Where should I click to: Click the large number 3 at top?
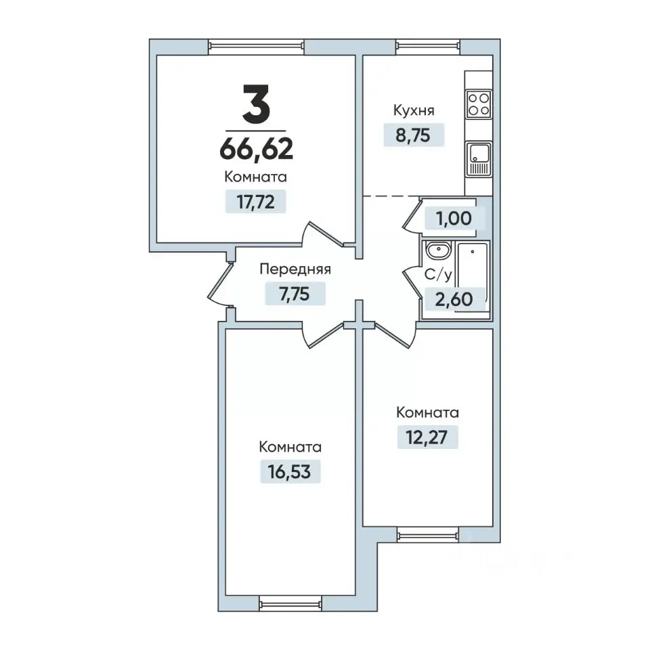(256, 104)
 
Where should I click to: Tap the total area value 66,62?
(256, 149)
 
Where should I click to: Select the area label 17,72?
(255, 202)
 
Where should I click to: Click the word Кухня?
(414, 110)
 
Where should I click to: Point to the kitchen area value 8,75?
(413, 135)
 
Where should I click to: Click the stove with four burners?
(479, 104)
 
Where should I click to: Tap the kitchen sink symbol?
(479, 159)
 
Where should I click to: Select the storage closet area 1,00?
(454, 218)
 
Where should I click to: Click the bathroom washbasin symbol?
(438, 251)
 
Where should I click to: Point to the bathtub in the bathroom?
(473, 278)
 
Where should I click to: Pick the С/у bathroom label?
(438, 274)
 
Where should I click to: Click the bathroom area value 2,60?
(454, 299)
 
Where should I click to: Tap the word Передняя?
(295, 269)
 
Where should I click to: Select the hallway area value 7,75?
(295, 294)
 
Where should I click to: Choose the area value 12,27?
(427, 437)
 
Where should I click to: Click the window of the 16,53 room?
(290, 603)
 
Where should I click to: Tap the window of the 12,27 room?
(428, 534)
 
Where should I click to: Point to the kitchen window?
(428, 47)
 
